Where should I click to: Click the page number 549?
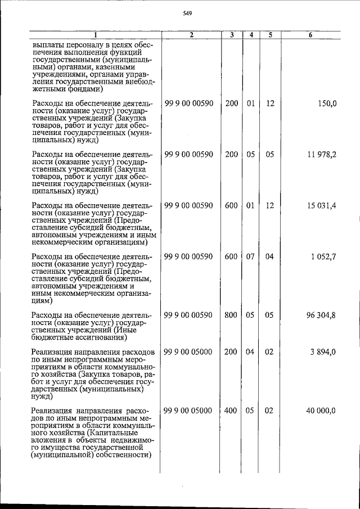188,14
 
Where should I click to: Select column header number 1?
96,35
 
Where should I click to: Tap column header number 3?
231,35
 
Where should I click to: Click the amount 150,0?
325,103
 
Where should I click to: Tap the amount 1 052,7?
323,257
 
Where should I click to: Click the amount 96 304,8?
321,316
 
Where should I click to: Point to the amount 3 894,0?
323,352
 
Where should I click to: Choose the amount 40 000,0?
321,411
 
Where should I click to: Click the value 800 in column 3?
231,316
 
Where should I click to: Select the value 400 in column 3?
231,411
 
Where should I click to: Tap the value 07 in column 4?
251,257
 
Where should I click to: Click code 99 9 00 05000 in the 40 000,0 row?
188,411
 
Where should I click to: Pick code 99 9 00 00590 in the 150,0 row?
188,103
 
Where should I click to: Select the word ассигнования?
98,338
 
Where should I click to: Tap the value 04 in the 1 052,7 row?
270,257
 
